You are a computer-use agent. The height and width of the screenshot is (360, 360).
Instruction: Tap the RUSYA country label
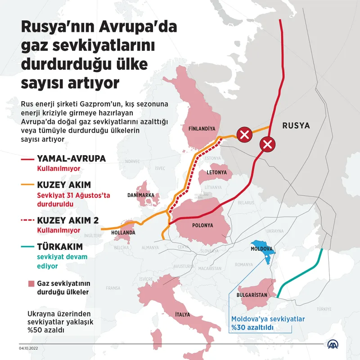(296, 126)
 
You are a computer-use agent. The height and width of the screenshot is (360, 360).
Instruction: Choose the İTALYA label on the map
(182, 315)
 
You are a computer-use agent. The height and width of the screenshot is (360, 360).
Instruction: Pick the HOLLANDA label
(123, 233)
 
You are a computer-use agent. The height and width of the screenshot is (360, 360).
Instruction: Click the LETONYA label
(216, 172)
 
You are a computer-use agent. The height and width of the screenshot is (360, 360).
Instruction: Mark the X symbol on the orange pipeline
(245, 135)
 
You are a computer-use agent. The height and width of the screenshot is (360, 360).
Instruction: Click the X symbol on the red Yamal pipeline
(267, 145)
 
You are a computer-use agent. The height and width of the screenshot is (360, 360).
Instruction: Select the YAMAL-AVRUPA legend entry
(71, 159)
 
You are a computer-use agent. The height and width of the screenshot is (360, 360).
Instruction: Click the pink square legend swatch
(31, 283)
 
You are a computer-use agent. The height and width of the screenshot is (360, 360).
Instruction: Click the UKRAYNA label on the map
(273, 230)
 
